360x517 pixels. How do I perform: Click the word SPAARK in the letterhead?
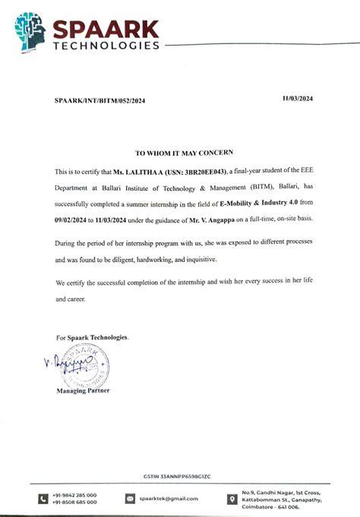tap(106, 28)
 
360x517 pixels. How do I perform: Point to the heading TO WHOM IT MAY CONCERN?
tap(179, 152)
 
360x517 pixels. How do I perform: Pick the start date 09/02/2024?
tap(74, 219)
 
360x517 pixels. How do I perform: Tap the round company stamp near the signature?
tap(80, 369)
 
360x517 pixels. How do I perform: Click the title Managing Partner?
tap(83, 391)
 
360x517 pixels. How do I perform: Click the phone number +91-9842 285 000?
tap(74, 494)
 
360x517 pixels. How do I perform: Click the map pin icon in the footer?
tap(232, 498)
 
